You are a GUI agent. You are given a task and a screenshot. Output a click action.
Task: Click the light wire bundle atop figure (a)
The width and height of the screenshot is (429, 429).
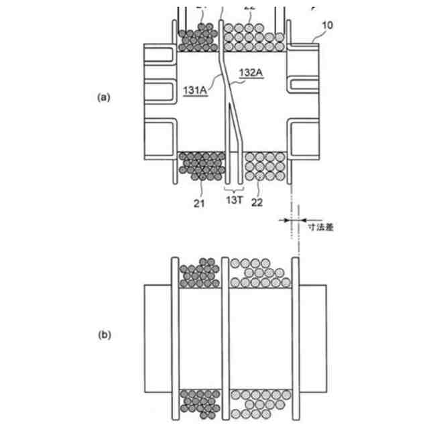(x=252, y=37)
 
